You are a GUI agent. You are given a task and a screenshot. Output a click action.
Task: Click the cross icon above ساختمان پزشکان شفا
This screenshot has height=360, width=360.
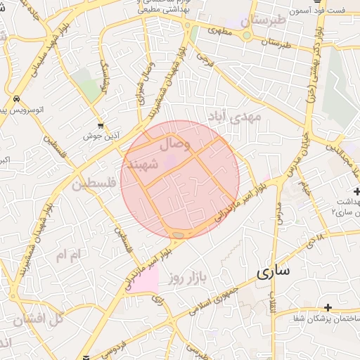point(328,307)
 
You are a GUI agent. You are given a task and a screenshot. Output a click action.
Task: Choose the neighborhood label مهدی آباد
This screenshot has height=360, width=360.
point(234,115)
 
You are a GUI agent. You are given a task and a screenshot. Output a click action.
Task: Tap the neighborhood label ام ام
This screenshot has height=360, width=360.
point(70,254)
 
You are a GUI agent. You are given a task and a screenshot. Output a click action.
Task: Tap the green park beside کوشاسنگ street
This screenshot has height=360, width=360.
point(89,88)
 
